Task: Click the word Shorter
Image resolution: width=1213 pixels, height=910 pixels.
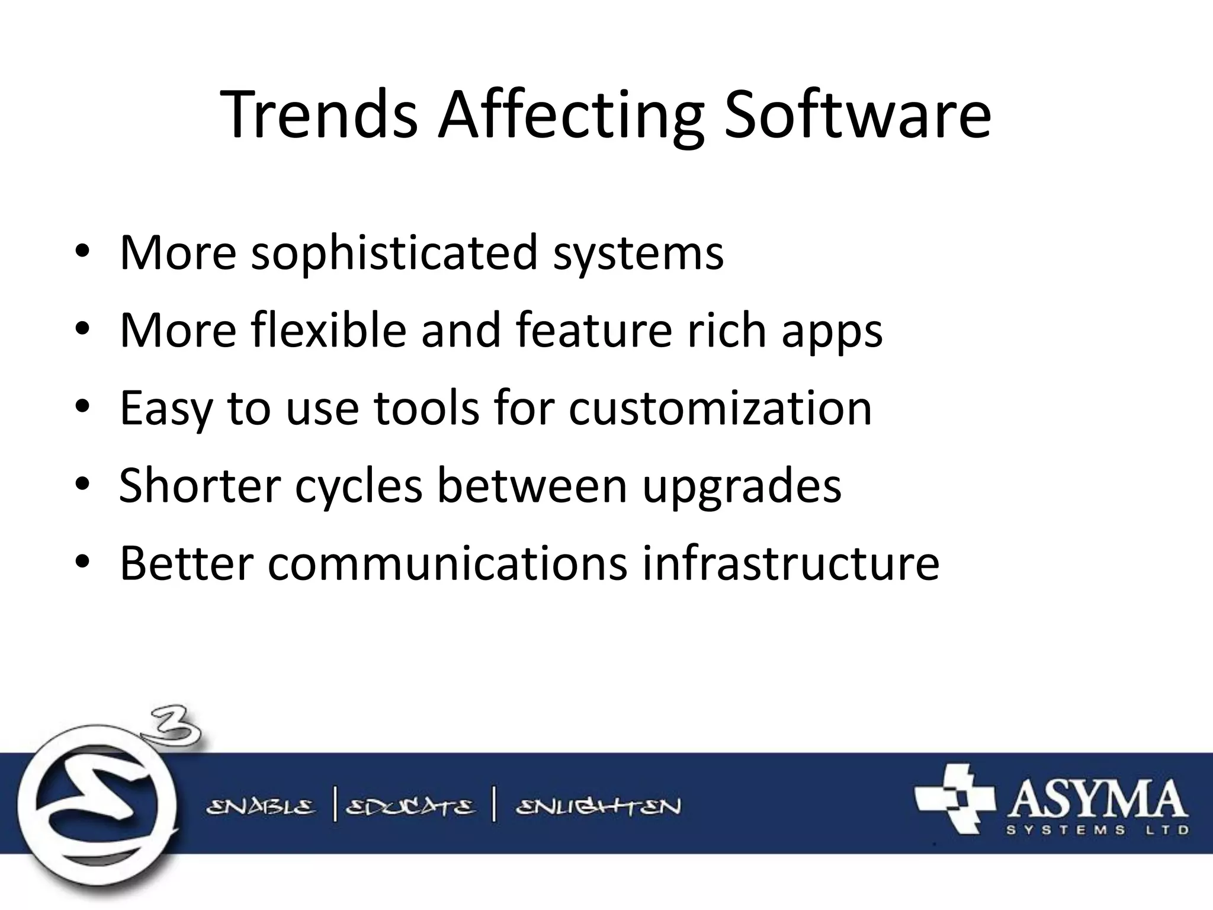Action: pyautogui.click(x=200, y=485)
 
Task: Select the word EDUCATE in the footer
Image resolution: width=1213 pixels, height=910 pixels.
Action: pyautogui.click(x=410, y=807)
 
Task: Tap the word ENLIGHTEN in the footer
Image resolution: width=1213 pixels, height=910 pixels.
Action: pyautogui.click(x=598, y=807)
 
